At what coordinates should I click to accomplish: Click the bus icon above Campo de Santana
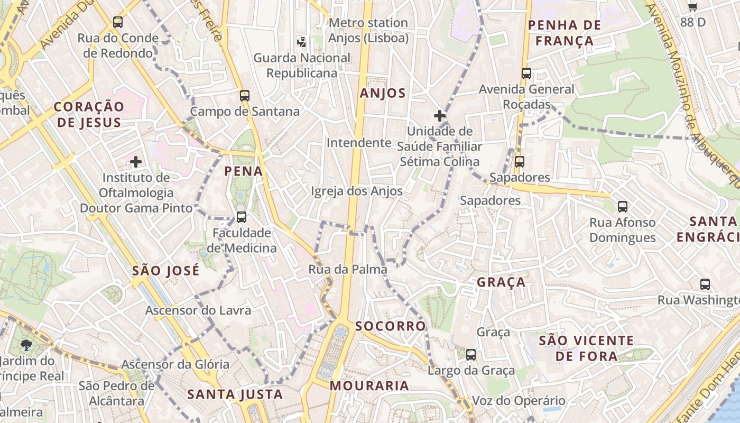pyautogui.click(x=244, y=96)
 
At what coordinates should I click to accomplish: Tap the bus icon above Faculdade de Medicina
pyautogui.click(x=242, y=217)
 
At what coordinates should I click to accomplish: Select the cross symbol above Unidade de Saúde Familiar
pyautogui.click(x=439, y=115)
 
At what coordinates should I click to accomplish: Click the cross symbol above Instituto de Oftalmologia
pyautogui.click(x=136, y=161)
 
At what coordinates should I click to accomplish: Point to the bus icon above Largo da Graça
pyautogui.click(x=470, y=354)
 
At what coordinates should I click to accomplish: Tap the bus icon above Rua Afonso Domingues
pyautogui.click(x=622, y=206)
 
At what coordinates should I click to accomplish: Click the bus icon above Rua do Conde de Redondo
pyautogui.click(x=118, y=22)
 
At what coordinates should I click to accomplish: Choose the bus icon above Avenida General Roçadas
pyautogui.click(x=526, y=73)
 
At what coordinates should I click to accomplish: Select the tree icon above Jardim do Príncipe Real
pyautogui.click(x=26, y=345)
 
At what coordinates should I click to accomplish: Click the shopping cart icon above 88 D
pyautogui.click(x=692, y=7)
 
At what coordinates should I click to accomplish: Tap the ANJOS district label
pyautogui.click(x=383, y=94)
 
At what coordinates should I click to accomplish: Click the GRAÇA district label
pyautogui.click(x=501, y=282)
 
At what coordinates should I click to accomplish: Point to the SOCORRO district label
pyautogui.click(x=391, y=326)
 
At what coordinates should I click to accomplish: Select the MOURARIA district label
pyautogui.click(x=369, y=386)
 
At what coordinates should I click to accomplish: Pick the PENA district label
pyautogui.click(x=244, y=171)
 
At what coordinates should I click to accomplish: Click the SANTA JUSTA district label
pyautogui.click(x=235, y=394)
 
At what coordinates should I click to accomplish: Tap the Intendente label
pyautogui.click(x=359, y=143)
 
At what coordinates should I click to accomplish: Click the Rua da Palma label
pyautogui.click(x=348, y=270)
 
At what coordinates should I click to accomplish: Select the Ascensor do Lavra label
pyautogui.click(x=198, y=310)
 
